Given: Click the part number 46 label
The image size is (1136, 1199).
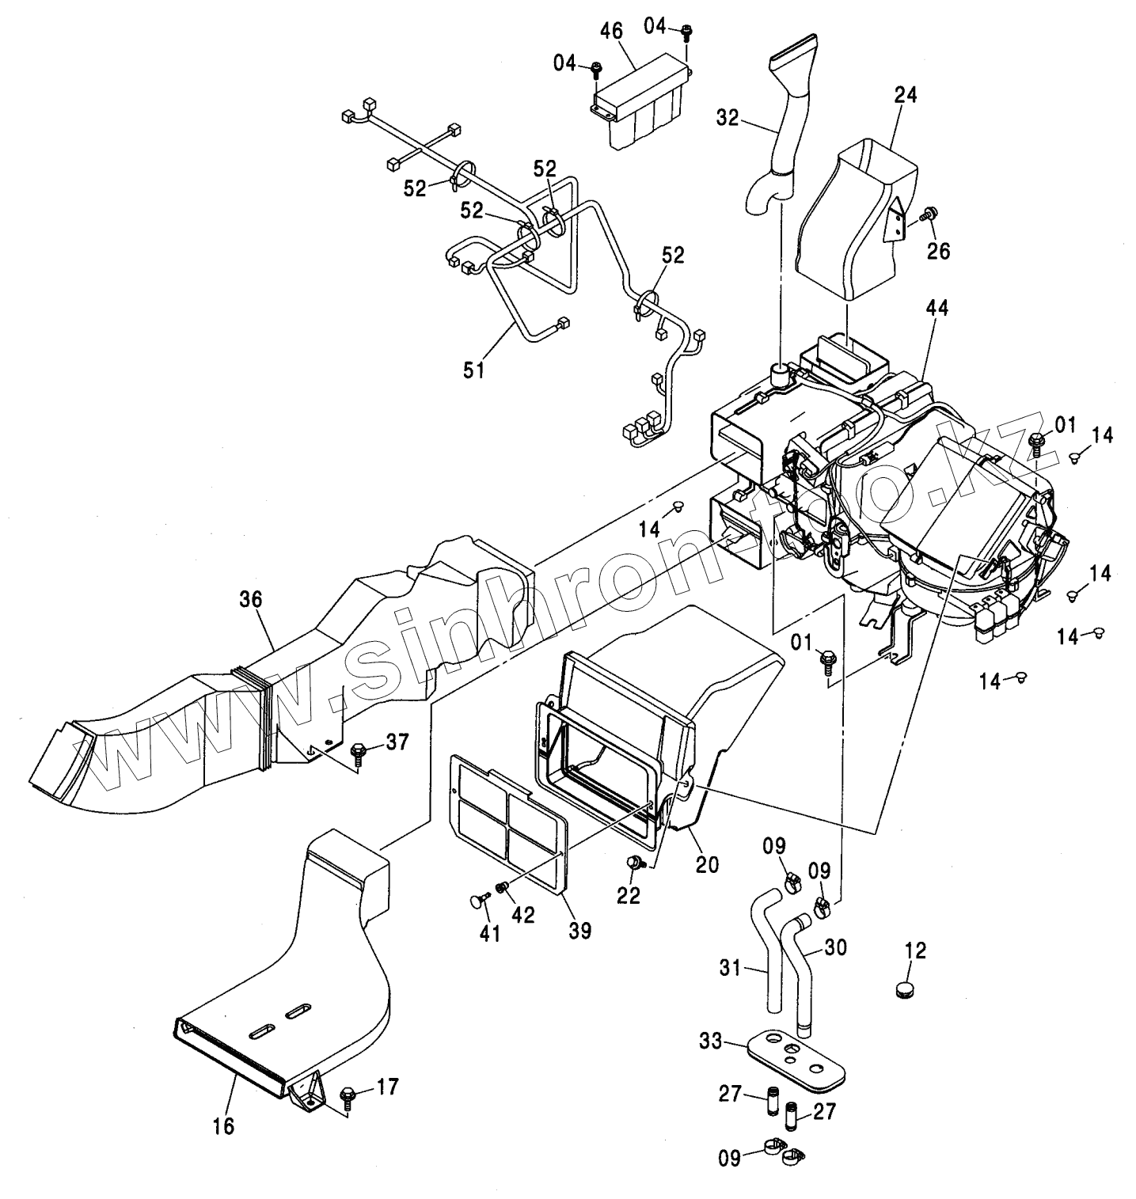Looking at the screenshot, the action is [611, 31].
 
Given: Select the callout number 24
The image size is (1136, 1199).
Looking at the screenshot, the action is [906, 95].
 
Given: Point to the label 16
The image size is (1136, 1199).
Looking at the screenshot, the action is [224, 1125].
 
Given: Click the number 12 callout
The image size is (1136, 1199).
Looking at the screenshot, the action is [915, 950].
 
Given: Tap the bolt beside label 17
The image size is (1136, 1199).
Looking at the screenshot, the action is [347, 1097].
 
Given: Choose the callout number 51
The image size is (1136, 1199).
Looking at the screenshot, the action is [473, 370].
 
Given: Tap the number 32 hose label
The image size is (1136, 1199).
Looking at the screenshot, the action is [728, 118].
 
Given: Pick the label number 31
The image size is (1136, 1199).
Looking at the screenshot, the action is [731, 967].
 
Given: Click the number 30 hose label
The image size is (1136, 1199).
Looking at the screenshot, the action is [835, 947].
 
